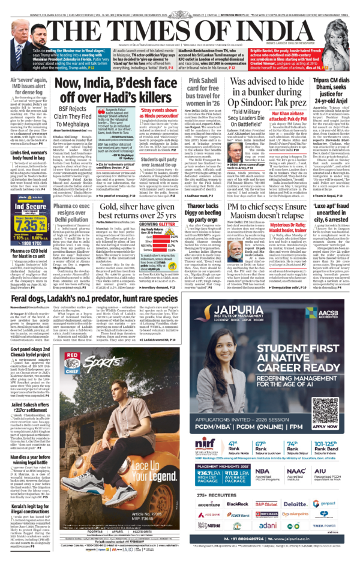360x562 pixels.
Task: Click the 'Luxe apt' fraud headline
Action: (330, 212)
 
